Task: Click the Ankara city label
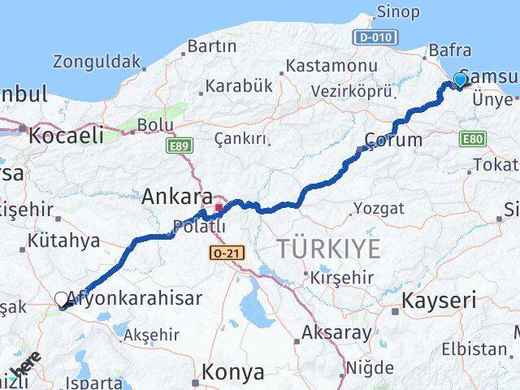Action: pyautogui.click(x=177, y=197)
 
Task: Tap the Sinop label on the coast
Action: pyautogui.click(x=398, y=12)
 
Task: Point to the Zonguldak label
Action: pyautogui.click(x=97, y=61)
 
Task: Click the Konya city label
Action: pyautogui.click(x=233, y=372)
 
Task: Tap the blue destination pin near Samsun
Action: pyautogui.click(x=460, y=80)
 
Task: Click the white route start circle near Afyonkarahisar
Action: pyautogui.click(x=62, y=300)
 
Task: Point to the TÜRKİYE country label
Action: pyautogui.click(x=328, y=249)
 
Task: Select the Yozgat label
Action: pyautogui.click(x=379, y=209)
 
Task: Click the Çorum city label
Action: pyautogui.click(x=394, y=140)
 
